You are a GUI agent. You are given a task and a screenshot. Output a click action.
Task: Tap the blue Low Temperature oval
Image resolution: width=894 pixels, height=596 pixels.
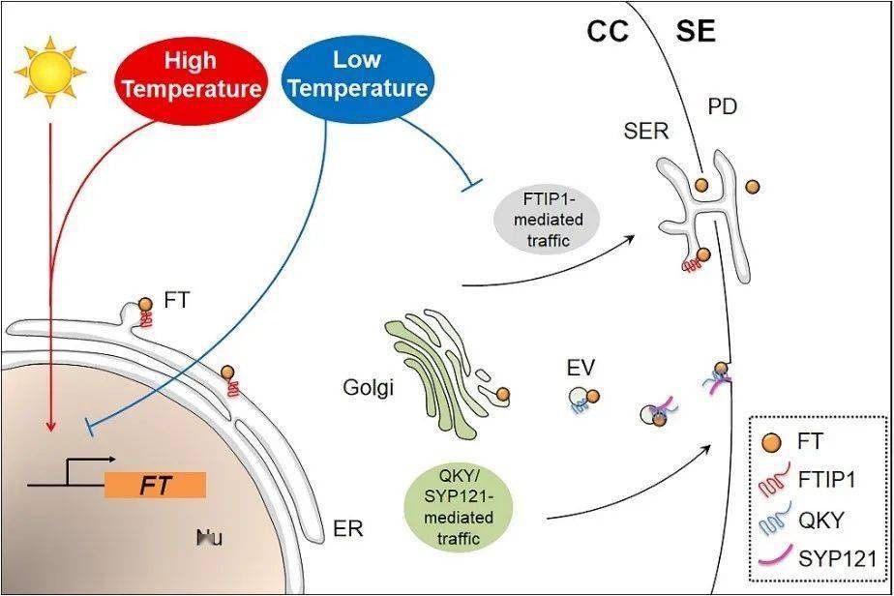click(x=357, y=74)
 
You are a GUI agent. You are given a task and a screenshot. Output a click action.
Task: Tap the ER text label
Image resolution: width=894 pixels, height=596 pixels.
click(x=347, y=530)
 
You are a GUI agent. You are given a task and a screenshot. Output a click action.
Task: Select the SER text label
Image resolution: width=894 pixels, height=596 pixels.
click(x=646, y=131)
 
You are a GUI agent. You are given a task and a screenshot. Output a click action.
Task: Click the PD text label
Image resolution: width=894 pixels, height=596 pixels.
click(x=722, y=106)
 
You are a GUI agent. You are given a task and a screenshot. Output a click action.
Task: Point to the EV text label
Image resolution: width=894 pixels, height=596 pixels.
click(x=581, y=368)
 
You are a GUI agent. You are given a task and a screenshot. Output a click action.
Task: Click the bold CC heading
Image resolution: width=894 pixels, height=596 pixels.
click(x=609, y=33)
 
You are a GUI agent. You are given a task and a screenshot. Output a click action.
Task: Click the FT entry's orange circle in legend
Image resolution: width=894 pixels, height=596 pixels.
click(x=774, y=442)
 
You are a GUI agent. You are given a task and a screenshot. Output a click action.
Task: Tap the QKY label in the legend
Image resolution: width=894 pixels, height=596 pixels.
click(x=823, y=520)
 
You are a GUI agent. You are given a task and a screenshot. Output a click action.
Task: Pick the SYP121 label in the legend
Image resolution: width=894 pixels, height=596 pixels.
click(x=838, y=558)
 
